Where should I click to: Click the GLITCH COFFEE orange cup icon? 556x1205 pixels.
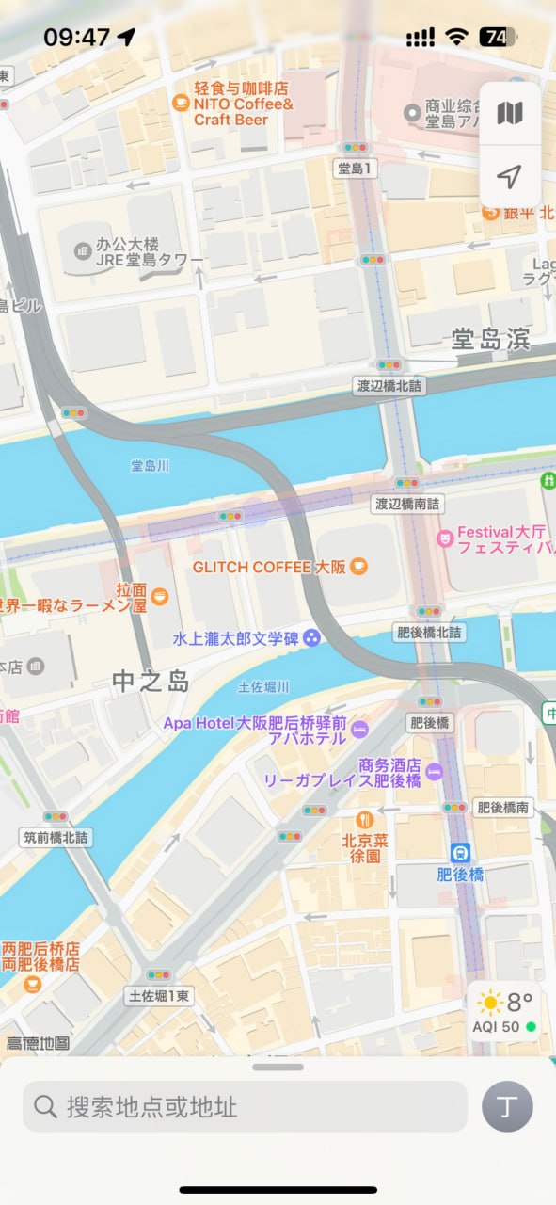pos(357,567)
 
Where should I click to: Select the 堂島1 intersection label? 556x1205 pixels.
pos(356,169)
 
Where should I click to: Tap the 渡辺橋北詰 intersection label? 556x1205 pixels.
pos(389,385)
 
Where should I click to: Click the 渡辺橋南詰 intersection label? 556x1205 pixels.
pos(406,504)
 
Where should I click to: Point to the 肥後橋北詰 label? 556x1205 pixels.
pos(428,632)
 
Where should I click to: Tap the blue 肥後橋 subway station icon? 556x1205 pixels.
pos(460,853)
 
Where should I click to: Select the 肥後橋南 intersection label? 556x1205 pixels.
pos(502,807)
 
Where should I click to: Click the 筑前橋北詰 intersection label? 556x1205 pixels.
pos(56,836)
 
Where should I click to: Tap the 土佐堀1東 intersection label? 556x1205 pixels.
pos(159,995)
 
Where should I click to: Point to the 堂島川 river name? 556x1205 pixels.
pos(150,465)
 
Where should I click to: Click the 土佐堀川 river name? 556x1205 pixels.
pos(263,686)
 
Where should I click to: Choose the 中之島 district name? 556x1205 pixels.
pos(151,681)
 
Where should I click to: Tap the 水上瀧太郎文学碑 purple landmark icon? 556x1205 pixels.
pos(310,638)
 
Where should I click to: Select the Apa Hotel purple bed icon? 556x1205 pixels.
pos(359,731)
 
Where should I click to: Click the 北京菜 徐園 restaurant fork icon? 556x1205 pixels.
pos(365,819)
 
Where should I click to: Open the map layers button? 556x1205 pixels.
pos(509,114)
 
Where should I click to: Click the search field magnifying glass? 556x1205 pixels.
pos(45,1106)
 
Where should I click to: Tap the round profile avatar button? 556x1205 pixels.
pos(507,1106)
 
